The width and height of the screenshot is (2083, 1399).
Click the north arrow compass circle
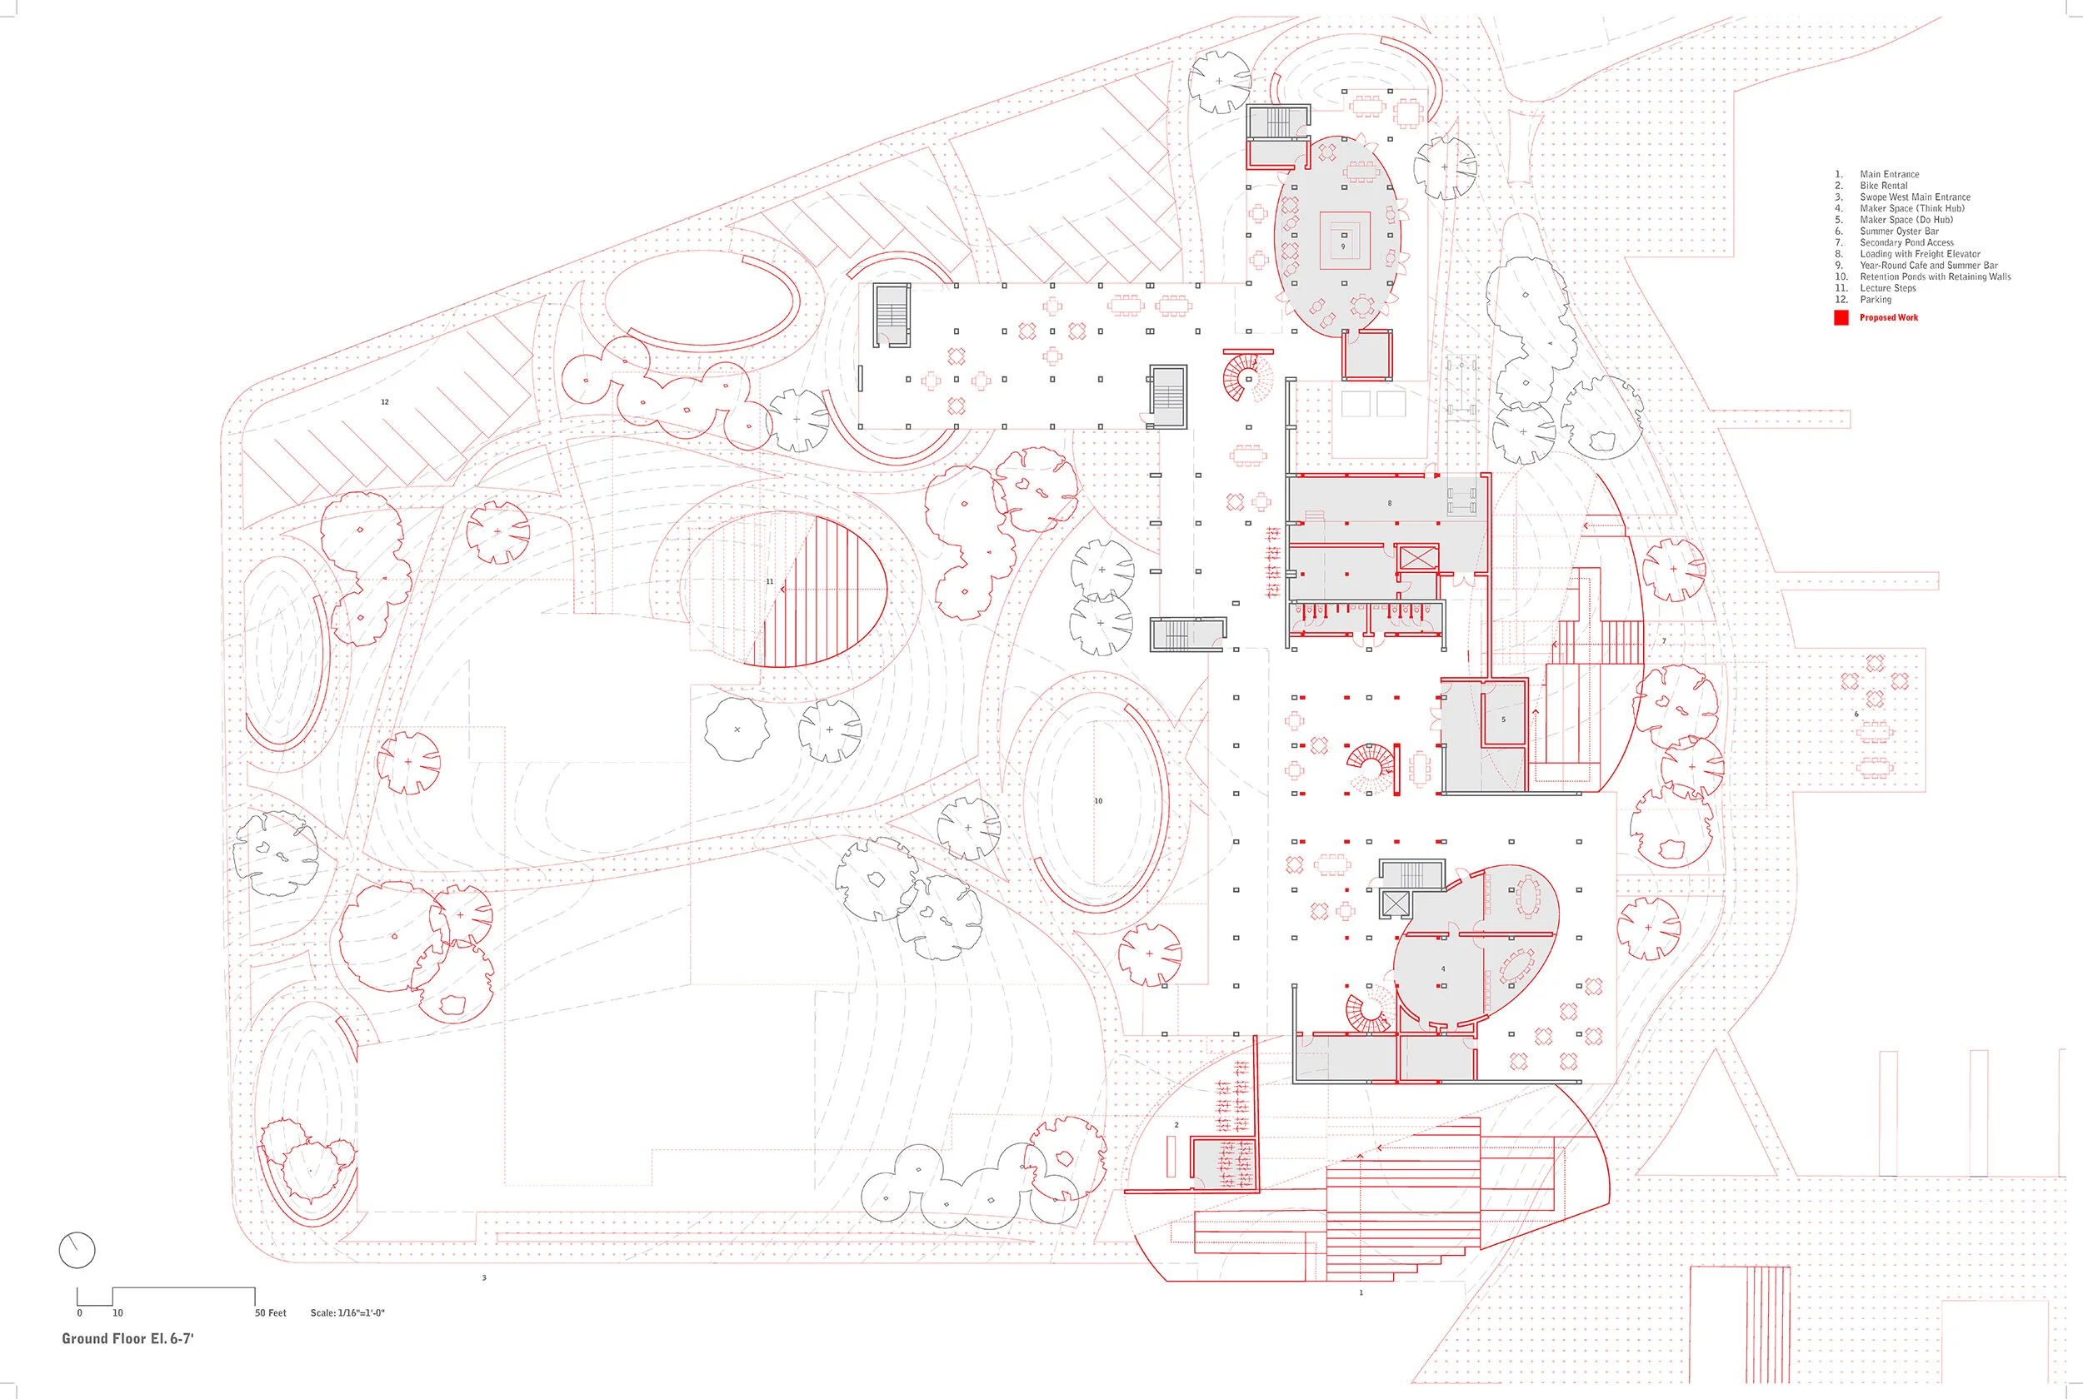(x=77, y=1250)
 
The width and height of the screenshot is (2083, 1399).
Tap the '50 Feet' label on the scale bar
(x=271, y=1312)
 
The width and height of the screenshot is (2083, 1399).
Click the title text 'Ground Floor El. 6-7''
(x=127, y=1338)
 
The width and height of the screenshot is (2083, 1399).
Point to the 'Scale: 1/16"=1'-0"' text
(x=347, y=1312)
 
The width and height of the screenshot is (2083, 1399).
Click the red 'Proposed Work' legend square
(x=1841, y=317)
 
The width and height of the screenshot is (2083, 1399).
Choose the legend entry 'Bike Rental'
(x=1883, y=186)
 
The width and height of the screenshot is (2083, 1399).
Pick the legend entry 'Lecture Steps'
(x=1887, y=288)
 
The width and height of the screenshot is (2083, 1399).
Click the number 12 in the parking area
(x=385, y=402)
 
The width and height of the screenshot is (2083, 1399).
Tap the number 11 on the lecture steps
(x=769, y=582)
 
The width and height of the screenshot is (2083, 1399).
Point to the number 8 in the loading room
(x=1390, y=503)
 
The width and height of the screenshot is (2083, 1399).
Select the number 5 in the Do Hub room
(x=1503, y=719)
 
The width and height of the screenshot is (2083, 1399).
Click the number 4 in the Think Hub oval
(x=1443, y=969)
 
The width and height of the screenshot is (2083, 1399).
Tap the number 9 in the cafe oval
(x=1343, y=246)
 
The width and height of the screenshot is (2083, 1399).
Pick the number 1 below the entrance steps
(x=1361, y=1292)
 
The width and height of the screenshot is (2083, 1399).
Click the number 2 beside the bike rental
(x=1176, y=1125)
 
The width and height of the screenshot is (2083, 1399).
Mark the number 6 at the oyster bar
(x=1856, y=714)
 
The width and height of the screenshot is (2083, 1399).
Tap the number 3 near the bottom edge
(x=484, y=1277)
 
